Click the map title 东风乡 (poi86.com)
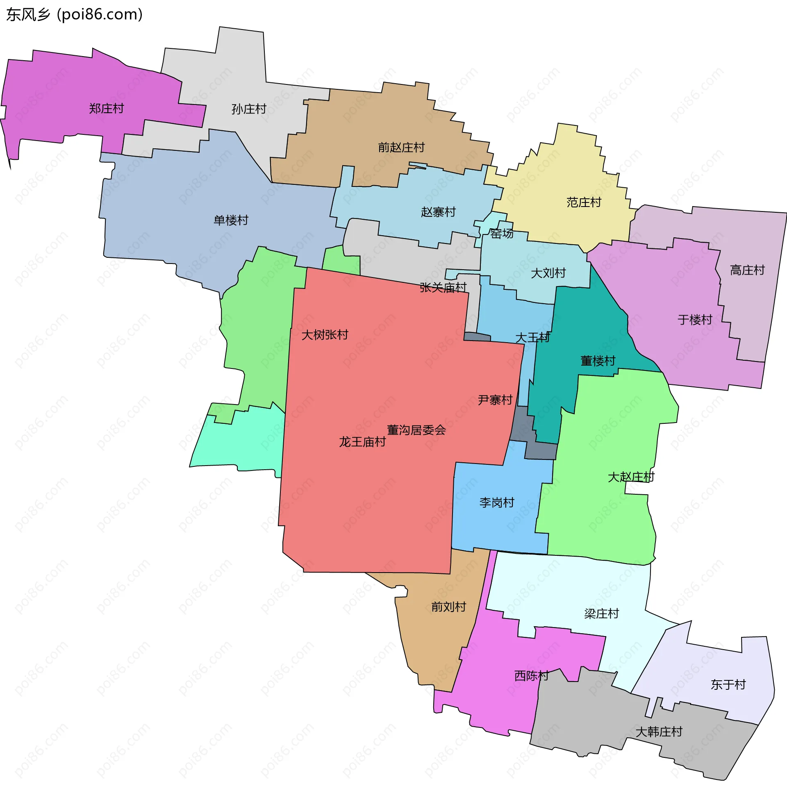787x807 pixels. [75, 14]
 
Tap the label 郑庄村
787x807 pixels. [107, 109]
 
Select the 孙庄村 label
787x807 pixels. [249, 109]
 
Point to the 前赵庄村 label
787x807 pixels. [401, 148]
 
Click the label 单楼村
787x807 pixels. [231, 220]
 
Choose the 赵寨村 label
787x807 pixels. [438, 212]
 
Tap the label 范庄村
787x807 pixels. [584, 202]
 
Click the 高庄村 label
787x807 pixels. [747, 270]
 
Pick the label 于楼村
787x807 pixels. [695, 320]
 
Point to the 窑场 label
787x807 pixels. [502, 234]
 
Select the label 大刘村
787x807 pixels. [548, 273]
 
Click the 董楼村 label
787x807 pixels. [598, 361]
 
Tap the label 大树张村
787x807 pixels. [325, 335]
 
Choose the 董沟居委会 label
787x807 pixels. [416, 430]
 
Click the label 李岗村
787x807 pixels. [497, 502]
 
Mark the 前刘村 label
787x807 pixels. [449, 607]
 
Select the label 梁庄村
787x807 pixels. [602, 614]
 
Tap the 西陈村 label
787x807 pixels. [532, 675]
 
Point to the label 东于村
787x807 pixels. [728, 685]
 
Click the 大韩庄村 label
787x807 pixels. [659, 732]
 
